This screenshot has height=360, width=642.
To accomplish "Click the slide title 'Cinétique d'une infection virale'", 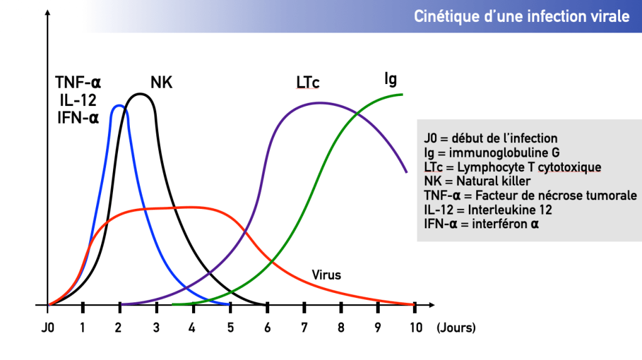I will pos(522,17).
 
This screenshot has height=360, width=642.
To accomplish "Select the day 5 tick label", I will pos(230,327).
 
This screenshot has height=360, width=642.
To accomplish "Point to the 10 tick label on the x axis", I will pos(415,327).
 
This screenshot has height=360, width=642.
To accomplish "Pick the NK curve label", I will pos(161,82).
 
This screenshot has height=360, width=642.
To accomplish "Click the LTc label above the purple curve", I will pos(308,82).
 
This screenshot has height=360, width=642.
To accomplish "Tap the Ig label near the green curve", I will pos(390,79).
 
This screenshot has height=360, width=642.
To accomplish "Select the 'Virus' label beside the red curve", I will pos(326,274).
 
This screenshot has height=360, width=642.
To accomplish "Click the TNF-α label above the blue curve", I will pos(78,82).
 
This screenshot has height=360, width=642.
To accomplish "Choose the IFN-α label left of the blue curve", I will pos(77,117).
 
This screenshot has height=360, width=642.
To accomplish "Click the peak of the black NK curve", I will pos(141,94).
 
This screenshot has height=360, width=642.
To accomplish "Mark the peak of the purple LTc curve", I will pos(320,103).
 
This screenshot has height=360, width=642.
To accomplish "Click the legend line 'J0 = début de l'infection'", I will pos(491,138).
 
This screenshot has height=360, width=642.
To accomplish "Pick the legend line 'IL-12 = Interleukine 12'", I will pos(488,209).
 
